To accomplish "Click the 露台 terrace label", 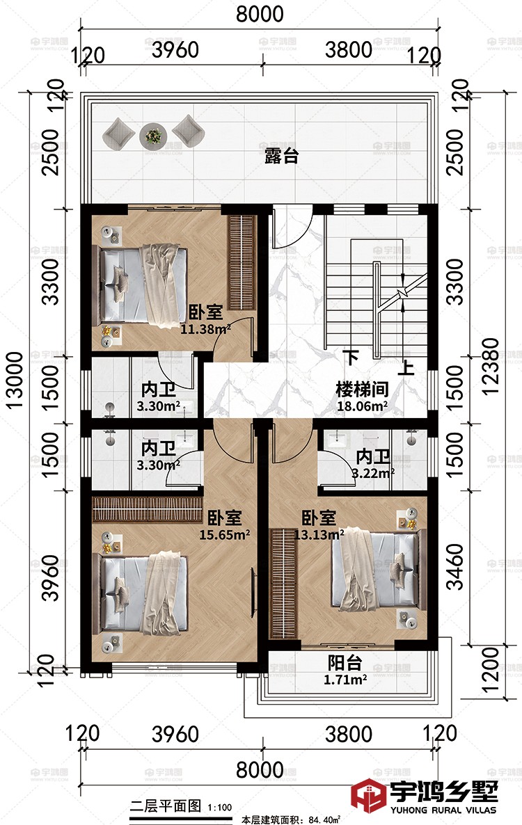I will click(281, 157).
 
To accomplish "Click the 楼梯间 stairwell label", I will click(362, 389).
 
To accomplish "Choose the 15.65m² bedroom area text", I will click(225, 535).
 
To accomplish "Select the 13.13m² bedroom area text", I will click(319, 535).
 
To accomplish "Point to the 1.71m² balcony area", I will click(346, 680).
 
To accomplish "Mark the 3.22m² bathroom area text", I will click(373, 474).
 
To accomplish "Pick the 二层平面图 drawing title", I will click(166, 806).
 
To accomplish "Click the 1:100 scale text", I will click(219, 808).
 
